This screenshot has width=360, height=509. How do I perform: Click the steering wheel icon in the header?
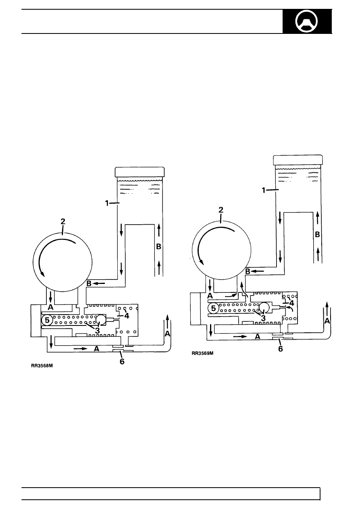coord(306,21)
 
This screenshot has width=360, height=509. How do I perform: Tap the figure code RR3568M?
coord(42,366)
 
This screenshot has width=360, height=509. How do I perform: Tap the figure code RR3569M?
coord(203,353)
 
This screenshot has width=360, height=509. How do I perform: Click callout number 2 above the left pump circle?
coord(63,221)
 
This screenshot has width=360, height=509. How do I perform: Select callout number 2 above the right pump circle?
coord(221,210)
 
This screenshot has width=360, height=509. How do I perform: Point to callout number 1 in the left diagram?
coord(107,203)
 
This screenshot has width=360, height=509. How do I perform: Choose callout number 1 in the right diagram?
coord(264,190)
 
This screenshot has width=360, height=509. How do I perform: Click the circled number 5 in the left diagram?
coord(47,320)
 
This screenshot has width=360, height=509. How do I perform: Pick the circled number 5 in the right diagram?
coord(213,309)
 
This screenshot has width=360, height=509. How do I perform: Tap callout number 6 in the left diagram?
coord(122,361)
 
